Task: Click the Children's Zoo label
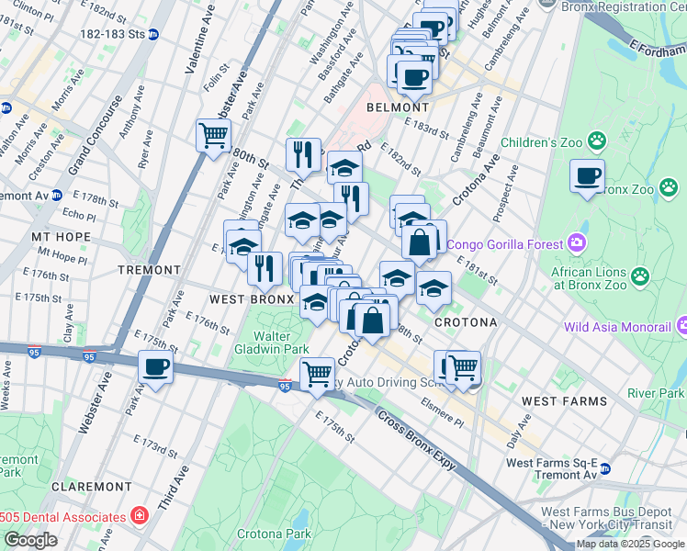point(542,142)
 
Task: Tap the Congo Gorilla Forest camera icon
point(577,242)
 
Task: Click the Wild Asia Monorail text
point(615,327)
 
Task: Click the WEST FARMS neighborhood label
point(564,401)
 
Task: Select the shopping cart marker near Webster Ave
point(213,136)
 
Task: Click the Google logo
point(30,539)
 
